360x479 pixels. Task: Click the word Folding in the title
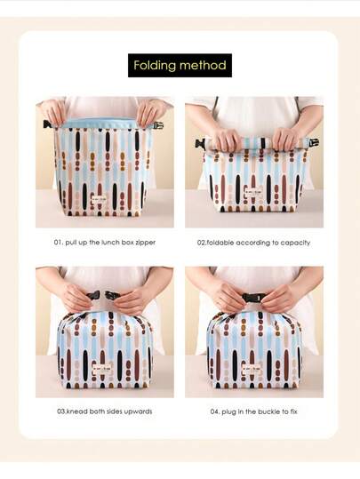pyautogui.click(x=155, y=66)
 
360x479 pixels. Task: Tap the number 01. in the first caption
pyautogui.click(x=59, y=243)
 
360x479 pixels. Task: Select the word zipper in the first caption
pyautogui.click(x=145, y=243)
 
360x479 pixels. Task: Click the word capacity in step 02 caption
pyautogui.click(x=295, y=243)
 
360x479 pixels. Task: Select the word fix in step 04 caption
pyautogui.click(x=293, y=411)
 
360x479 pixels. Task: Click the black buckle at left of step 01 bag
pyautogui.click(x=47, y=124)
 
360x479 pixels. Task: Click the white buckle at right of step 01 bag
pyautogui.click(x=158, y=125)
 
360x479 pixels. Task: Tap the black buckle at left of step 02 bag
pyautogui.click(x=200, y=143)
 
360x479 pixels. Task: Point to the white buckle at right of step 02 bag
pyautogui.click(x=314, y=143)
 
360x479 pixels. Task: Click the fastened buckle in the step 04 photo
pyautogui.click(x=253, y=297)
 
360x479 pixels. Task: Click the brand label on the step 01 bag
pyautogui.click(x=99, y=199)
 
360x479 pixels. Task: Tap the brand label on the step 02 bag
pyautogui.click(x=253, y=192)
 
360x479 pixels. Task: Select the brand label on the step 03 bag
pyautogui.click(x=102, y=369)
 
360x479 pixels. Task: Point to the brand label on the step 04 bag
pyautogui.click(x=252, y=369)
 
